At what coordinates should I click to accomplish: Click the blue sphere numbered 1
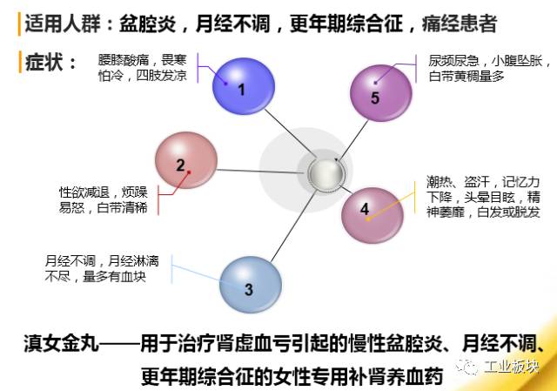[x=239, y=84]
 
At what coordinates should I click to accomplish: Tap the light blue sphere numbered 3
[x=250, y=283]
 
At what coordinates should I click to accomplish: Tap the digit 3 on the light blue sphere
[x=249, y=290]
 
